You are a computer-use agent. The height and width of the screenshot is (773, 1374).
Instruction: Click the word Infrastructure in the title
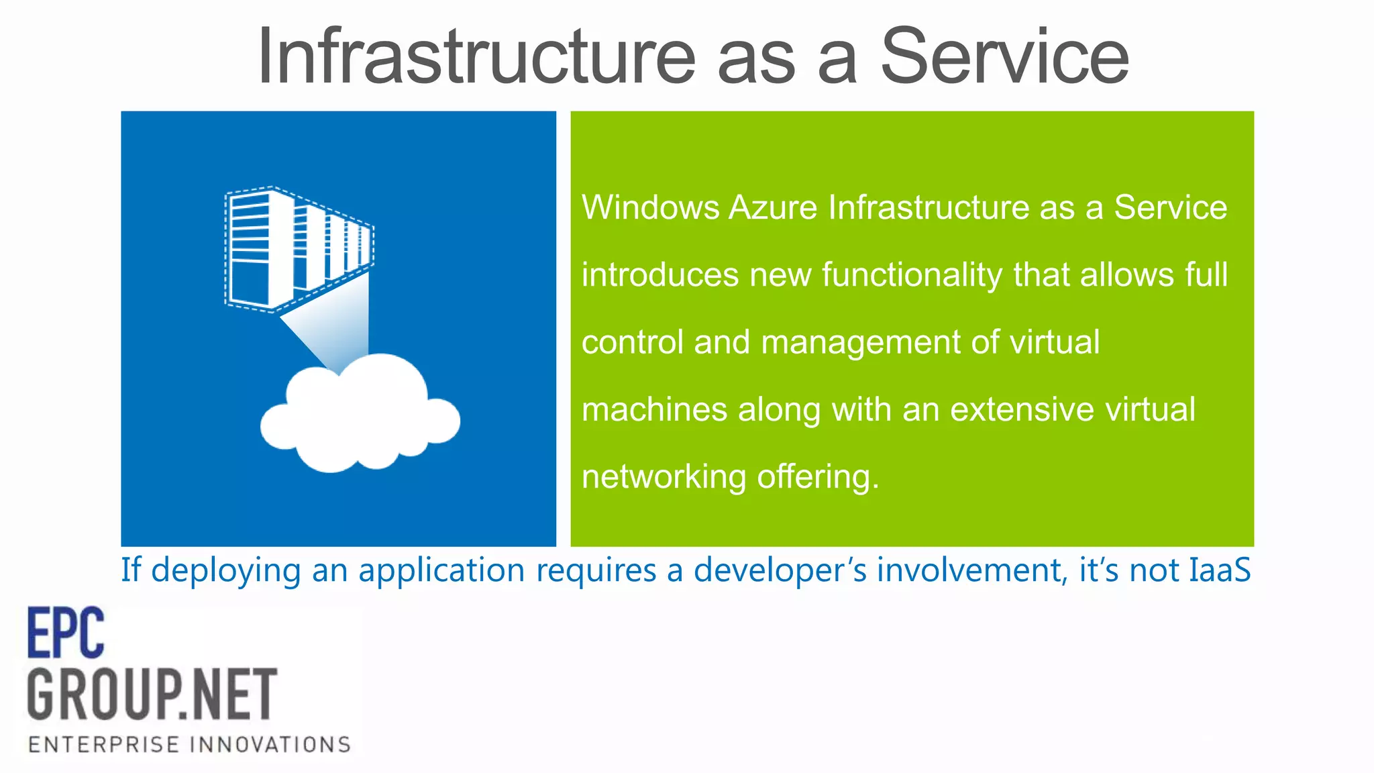pos(476,56)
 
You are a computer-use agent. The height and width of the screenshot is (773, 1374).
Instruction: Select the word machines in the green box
pos(654,409)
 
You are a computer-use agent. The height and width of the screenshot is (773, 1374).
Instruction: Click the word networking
pos(664,477)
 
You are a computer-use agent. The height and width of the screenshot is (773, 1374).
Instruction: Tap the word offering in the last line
pos(817,477)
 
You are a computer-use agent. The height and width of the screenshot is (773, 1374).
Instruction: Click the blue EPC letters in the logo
pos(66,633)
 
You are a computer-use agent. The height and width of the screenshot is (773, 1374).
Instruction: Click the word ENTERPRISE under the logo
pos(104,745)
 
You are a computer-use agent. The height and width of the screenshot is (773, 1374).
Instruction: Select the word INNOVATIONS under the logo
pos(270,745)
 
